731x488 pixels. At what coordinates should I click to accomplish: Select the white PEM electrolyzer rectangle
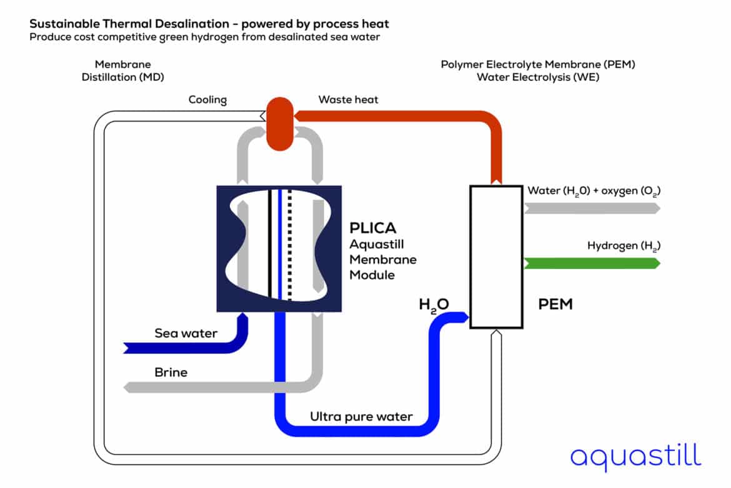click(496, 256)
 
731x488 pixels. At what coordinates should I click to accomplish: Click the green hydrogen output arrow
click(592, 263)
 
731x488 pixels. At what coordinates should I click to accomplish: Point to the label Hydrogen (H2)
click(624, 246)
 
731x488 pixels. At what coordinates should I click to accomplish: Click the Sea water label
click(186, 333)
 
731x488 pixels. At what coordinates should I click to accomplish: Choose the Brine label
click(171, 373)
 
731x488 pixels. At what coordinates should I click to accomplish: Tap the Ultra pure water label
click(361, 416)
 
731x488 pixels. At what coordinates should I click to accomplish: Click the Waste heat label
click(348, 99)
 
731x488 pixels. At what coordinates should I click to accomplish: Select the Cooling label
click(207, 100)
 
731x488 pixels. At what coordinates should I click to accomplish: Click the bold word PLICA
click(373, 228)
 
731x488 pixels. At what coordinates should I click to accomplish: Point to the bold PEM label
click(555, 305)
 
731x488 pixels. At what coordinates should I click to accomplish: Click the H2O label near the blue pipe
click(434, 305)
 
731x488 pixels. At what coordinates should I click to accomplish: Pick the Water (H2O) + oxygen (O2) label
click(594, 190)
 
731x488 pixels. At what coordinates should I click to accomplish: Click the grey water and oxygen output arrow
click(592, 208)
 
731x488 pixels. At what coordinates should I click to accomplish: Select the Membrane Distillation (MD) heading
click(122, 71)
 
